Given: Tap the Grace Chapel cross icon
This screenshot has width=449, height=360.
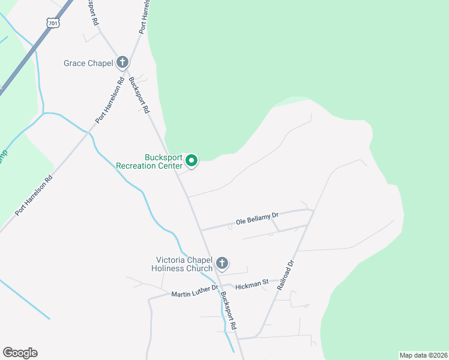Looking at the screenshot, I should (122, 62).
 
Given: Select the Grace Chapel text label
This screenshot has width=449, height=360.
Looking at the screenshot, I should (88, 62).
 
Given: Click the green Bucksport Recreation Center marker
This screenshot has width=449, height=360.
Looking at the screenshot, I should (191, 160).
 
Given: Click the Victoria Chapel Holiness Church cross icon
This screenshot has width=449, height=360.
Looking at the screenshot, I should (222, 263).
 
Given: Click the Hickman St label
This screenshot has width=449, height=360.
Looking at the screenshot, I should (252, 284).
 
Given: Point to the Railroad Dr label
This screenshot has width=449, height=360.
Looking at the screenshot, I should (285, 275).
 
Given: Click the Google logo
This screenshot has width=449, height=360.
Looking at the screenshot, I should (20, 353).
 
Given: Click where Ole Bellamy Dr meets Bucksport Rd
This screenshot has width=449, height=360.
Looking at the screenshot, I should (200, 230).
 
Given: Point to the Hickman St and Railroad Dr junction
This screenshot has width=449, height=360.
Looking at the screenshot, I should (279, 280).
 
